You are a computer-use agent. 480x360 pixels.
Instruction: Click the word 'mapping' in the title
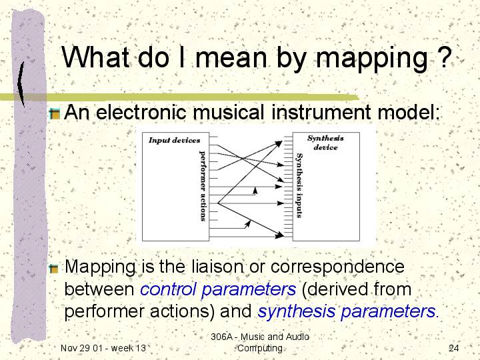(x=371, y=59)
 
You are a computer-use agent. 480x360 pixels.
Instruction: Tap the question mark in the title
(x=443, y=57)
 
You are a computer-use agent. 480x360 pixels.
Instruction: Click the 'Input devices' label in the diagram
(x=174, y=140)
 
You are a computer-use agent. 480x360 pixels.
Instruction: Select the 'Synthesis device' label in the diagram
(x=325, y=143)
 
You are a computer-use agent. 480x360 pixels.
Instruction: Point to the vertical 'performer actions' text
(x=203, y=185)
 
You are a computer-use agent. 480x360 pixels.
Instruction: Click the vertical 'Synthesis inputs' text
(x=299, y=185)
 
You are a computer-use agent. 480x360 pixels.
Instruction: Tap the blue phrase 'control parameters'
(x=218, y=289)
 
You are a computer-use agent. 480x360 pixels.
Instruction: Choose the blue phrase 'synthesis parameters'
(x=347, y=311)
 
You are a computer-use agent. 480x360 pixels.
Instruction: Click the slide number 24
(x=454, y=348)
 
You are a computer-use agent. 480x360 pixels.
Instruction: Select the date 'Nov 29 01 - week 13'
(x=103, y=348)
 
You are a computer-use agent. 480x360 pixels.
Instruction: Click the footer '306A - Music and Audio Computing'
(x=260, y=342)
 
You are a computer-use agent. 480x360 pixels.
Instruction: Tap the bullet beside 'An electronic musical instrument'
(x=55, y=114)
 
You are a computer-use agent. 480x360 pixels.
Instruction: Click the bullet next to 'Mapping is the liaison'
(x=54, y=269)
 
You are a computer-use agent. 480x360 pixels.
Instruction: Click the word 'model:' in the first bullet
(x=409, y=112)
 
